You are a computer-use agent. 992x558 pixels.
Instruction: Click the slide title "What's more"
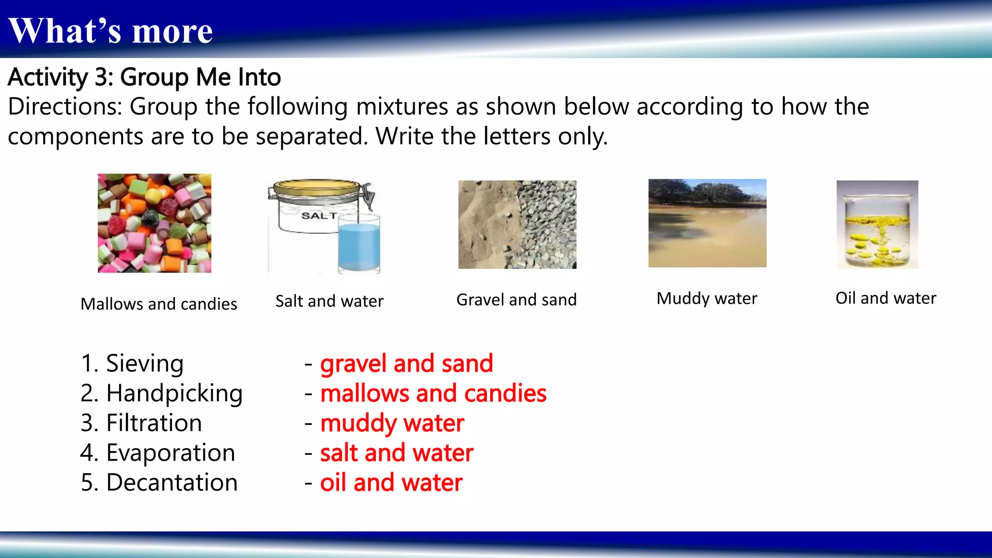coord(110,31)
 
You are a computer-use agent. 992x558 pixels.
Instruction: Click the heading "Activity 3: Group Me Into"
coord(144,77)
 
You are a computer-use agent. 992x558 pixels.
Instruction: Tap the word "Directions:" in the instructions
coord(65,107)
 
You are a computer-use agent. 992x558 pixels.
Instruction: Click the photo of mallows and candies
coord(155,223)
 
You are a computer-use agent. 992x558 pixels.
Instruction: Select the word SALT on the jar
coord(318,216)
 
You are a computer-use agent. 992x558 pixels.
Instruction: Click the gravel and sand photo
coord(517,225)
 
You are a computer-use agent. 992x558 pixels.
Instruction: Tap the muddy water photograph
coord(707,223)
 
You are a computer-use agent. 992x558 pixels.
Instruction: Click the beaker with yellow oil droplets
coord(877,225)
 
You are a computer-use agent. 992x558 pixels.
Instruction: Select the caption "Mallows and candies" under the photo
coord(159,304)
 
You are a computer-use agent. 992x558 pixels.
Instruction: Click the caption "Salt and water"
coord(329,301)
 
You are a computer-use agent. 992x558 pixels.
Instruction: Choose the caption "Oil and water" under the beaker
coord(886,298)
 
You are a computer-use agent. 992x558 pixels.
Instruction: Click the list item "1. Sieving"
coord(132,364)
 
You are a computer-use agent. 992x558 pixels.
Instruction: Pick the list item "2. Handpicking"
coord(161,393)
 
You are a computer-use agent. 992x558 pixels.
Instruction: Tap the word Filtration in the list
coord(154,423)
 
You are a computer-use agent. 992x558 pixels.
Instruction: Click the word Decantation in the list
coord(172,482)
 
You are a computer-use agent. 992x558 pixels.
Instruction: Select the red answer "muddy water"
coord(392,423)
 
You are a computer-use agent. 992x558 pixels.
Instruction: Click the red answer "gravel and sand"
coord(406,364)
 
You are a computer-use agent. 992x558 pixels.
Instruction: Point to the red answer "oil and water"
coord(391,483)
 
